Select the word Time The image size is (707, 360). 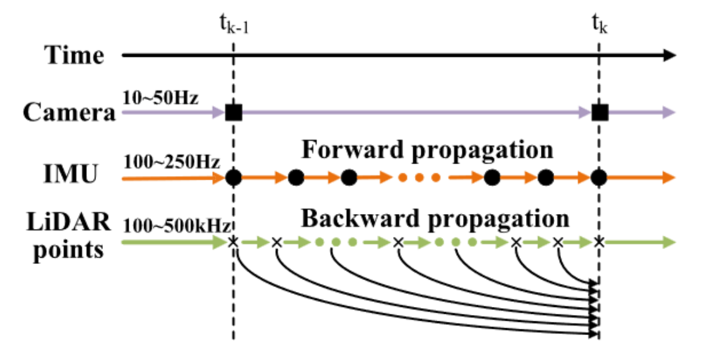(x=75, y=56)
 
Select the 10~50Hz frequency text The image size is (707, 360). (x=161, y=97)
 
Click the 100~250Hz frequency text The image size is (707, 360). (x=172, y=162)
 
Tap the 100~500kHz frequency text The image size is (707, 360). (x=177, y=225)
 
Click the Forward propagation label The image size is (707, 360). (x=427, y=150)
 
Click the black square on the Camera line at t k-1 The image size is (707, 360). (x=233, y=112)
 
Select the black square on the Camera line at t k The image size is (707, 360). (x=600, y=112)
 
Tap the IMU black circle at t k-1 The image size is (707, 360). (x=233, y=178)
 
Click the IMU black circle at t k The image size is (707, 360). (x=600, y=178)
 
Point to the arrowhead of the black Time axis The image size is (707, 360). (x=670, y=56)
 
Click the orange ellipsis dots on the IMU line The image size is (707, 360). (x=419, y=178)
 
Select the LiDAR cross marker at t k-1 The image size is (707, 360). (x=233, y=242)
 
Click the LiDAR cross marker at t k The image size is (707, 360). (x=600, y=242)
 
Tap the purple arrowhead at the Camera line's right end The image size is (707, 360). (x=670, y=112)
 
